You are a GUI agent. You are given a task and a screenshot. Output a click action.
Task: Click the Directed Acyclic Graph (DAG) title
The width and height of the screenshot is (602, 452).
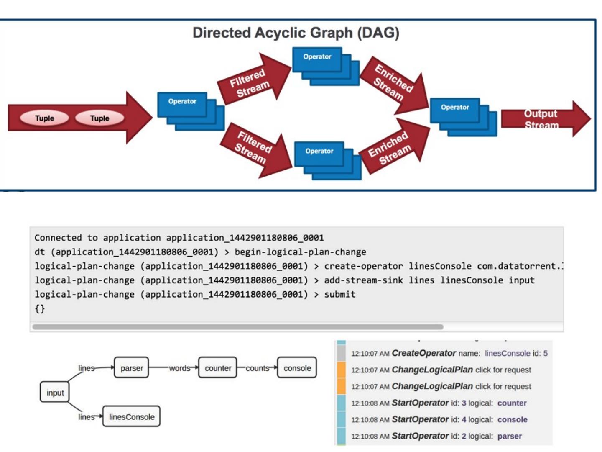(296, 33)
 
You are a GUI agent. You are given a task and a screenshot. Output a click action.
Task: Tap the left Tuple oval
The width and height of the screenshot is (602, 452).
(44, 118)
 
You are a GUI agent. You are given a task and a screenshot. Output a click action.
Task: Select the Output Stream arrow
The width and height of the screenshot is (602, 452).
(543, 119)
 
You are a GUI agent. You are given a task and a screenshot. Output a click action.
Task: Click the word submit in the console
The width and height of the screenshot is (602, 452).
(340, 294)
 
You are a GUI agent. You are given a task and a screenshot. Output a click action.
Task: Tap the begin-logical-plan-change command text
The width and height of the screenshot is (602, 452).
(300, 252)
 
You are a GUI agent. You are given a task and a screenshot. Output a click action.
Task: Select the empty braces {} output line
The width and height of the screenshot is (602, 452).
(40, 309)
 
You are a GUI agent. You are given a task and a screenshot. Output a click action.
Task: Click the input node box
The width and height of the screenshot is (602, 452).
(55, 393)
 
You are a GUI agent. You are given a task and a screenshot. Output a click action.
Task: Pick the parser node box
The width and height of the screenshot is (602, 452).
(132, 368)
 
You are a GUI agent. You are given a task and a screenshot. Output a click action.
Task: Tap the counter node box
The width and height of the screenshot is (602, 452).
(218, 368)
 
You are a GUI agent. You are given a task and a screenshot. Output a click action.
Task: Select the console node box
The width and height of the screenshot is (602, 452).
(297, 368)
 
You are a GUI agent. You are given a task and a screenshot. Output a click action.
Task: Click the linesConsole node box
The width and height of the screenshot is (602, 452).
(132, 417)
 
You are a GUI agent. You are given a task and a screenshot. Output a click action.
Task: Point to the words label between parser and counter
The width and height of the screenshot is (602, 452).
(179, 368)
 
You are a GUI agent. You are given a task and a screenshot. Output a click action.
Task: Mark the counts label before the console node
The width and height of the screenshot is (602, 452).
(257, 368)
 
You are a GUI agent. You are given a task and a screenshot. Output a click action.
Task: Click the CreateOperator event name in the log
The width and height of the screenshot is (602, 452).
(423, 353)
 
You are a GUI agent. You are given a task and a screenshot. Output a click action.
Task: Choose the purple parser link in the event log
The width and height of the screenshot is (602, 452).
(509, 436)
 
